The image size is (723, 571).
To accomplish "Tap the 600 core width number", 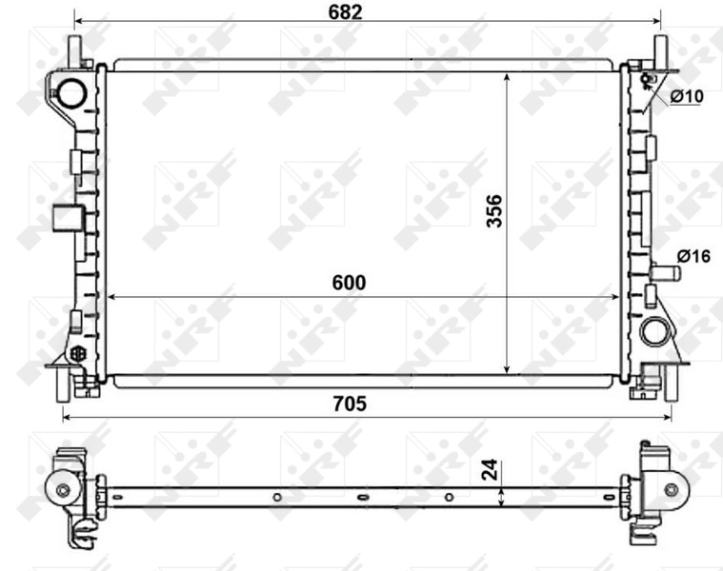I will click(x=349, y=283).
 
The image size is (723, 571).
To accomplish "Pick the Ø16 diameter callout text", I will click(x=693, y=255).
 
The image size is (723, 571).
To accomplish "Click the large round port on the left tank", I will click(x=72, y=91).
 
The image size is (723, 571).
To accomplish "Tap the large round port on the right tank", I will click(x=654, y=332).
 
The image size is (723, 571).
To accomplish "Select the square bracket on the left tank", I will click(x=66, y=219).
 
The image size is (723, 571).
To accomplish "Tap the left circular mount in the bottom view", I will click(x=63, y=490).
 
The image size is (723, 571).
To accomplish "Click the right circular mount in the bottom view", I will click(x=671, y=489).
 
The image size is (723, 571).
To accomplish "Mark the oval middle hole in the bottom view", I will click(x=362, y=497).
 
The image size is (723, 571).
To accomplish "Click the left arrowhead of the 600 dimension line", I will click(x=111, y=297).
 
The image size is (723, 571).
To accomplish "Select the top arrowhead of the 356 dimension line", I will click(x=506, y=76).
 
